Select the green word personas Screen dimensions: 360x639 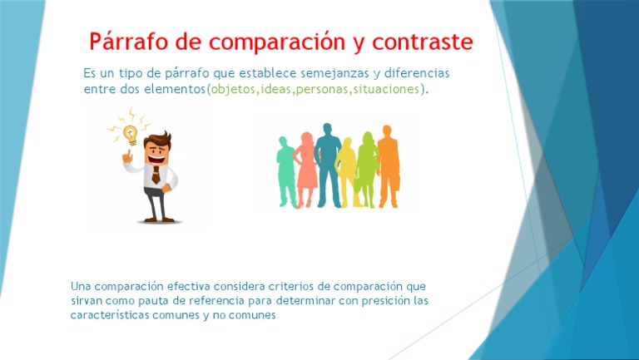coord(321,89)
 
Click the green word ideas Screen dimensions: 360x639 coord(275,89)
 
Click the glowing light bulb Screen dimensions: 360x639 coord(129,131)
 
